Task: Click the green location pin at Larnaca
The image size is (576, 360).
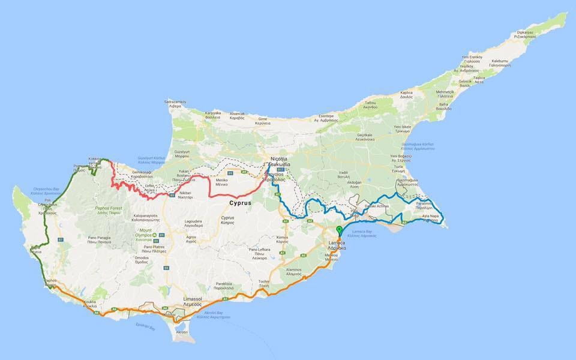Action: click(x=340, y=230)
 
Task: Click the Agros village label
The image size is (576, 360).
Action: click(x=191, y=239)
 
